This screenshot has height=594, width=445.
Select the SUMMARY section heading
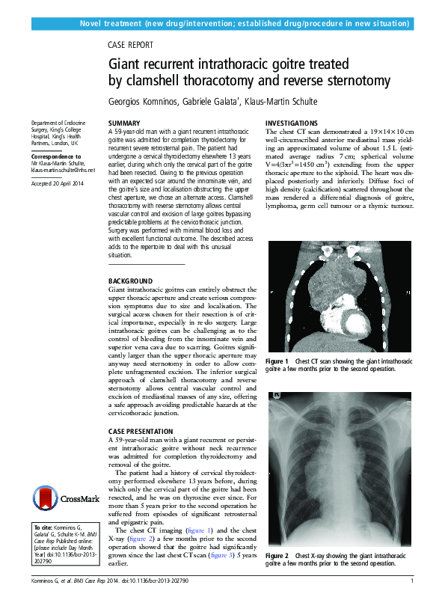click(x=124, y=123)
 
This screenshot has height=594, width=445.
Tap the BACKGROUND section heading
click(x=131, y=280)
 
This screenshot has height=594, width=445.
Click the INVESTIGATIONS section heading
click(x=292, y=123)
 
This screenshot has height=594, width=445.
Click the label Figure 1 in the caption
click(x=277, y=361)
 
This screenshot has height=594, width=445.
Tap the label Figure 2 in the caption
click(x=277, y=556)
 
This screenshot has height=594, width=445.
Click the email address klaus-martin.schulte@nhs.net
click(x=63, y=170)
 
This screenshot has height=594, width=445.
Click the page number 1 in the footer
click(x=412, y=581)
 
